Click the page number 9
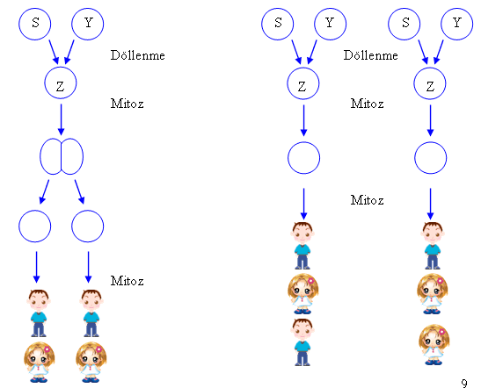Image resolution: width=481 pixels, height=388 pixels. click(x=464, y=383)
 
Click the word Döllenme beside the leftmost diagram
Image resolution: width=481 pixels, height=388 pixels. click(x=138, y=55)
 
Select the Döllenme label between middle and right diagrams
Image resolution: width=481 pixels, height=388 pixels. click(x=370, y=55)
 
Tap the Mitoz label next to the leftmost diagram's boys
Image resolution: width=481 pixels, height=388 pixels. click(x=127, y=281)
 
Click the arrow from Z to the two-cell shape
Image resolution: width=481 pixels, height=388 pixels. click(x=61, y=119)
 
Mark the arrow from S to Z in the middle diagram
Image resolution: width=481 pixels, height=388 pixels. click(x=296, y=52)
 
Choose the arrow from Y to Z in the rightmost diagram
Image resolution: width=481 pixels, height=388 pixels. click(x=439, y=52)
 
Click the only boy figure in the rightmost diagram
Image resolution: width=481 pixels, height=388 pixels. click(x=433, y=246)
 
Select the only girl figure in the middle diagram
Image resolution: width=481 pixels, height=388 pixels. click(x=302, y=294)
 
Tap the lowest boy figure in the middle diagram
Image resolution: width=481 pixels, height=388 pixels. click(x=302, y=342)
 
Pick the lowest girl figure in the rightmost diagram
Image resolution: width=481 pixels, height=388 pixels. click(x=434, y=345)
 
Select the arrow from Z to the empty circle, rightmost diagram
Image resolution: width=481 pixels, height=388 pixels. click(x=430, y=120)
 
